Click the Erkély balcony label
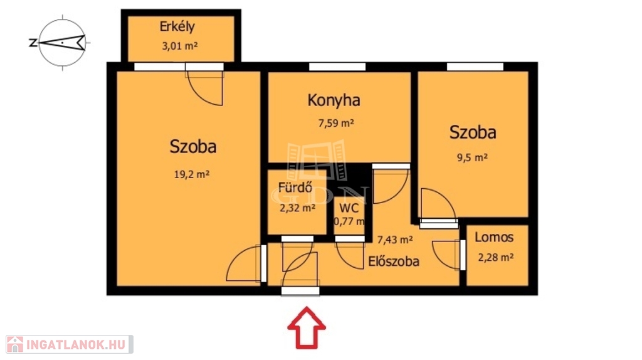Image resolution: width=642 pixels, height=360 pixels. [177, 27]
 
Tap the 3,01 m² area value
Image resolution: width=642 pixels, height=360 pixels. [180, 45]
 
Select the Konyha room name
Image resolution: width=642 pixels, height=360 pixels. [334, 100]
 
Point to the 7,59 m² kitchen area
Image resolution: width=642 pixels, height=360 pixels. [336, 123]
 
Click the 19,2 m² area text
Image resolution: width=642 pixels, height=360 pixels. [192, 174]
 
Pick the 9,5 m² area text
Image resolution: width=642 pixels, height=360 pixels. [472, 157]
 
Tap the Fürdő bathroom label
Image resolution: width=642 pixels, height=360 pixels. [295, 188]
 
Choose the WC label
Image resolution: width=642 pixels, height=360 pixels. [349, 208]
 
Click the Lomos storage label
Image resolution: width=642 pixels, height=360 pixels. [494, 237]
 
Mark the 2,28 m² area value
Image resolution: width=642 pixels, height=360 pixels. [495, 258]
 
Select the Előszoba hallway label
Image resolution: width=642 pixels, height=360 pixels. [394, 262]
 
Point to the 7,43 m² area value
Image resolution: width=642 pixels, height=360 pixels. [395, 240]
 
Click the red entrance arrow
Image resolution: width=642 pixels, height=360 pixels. [307, 327]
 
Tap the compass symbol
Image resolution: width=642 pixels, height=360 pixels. [61, 43]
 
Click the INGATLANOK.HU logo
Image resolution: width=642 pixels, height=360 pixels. [70, 344]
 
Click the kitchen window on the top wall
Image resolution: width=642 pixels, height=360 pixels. [337, 66]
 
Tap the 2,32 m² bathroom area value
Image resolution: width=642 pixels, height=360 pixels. [297, 208]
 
